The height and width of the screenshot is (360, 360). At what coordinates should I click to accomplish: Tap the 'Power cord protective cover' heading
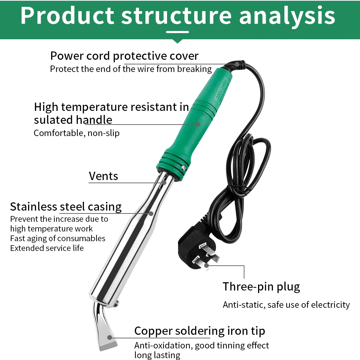[124, 56]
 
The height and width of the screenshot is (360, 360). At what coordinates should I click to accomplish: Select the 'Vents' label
[103, 176]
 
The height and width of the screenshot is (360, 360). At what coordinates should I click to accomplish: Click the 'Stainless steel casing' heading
[66, 207]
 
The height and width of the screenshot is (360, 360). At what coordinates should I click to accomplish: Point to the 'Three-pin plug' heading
[261, 287]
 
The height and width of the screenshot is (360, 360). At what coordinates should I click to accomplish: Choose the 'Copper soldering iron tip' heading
[199, 331]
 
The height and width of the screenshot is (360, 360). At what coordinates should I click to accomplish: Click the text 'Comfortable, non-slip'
[77, 133]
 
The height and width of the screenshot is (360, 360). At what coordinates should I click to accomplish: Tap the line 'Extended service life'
[47, 248]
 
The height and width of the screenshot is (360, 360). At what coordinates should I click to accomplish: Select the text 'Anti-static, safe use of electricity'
[286, 305]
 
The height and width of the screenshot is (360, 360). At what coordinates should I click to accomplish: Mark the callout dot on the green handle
[198, 124]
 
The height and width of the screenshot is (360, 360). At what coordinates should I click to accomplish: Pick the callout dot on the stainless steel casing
[151, 213]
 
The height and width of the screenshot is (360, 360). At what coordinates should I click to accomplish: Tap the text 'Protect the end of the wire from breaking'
[131, 69]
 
